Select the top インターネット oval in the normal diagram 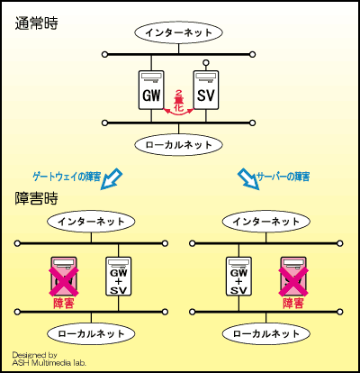[x=179, y=32]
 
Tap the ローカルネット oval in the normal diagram [x=179, y=143]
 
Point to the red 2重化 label [x=178, y=100]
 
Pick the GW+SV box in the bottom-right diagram [x=238, y=276]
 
